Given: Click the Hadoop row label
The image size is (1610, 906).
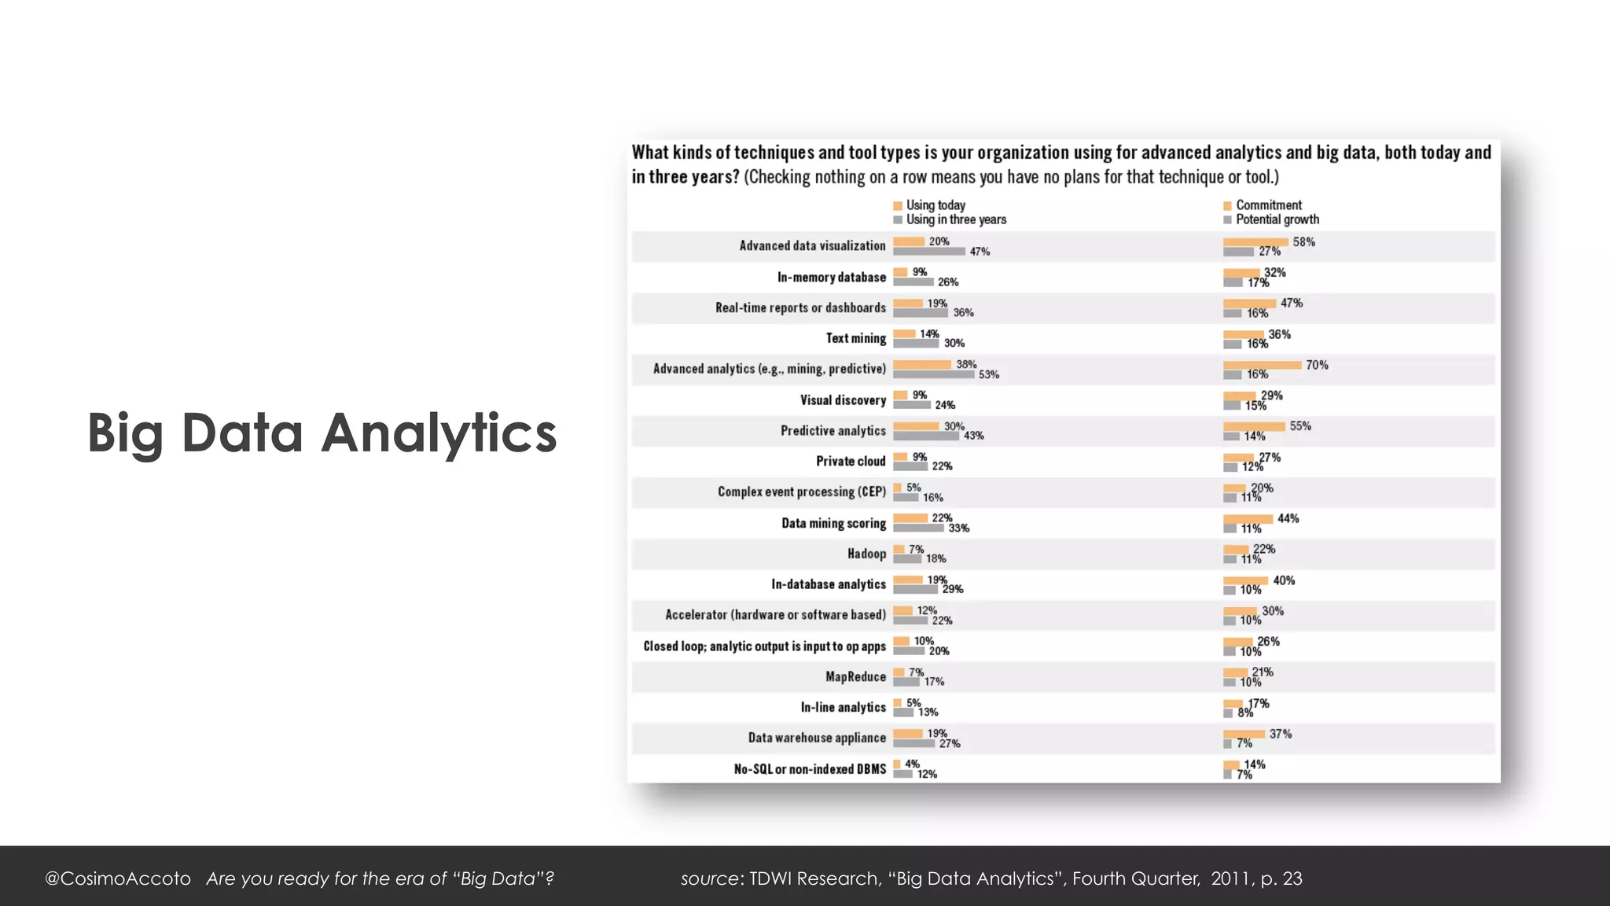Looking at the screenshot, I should tap(866, 554).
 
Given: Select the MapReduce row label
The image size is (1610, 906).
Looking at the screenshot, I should tap(855, 676).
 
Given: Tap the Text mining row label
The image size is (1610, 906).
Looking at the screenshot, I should tap(855, 338).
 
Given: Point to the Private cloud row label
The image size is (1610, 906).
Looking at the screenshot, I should tap(851, 461).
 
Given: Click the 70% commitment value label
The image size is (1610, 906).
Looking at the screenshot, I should tap(1317, 365).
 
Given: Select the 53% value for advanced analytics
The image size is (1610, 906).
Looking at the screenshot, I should tap(988, 374).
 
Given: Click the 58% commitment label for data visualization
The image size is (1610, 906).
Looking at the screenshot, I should tap(1303, 242).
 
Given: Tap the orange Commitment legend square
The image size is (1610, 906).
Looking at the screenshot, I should tap(1227, 206).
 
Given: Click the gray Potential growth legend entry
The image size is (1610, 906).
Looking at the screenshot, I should tap(1277, 219).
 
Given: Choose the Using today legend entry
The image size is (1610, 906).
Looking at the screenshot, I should tap(935, 205).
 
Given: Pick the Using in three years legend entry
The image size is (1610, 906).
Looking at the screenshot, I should tap(955, 219).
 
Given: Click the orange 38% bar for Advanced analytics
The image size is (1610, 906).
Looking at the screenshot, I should tap(922, 365).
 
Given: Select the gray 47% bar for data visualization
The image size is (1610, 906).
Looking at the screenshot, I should tap(928, 252).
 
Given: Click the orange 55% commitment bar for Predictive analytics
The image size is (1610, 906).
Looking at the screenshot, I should tap(1254, 426).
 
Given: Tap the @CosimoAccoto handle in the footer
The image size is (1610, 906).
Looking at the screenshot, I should tap(118, 878).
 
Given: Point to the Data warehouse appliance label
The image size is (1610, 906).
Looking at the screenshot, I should tap(817, 738).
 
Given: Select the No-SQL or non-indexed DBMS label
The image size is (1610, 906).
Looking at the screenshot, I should tap(810, 769).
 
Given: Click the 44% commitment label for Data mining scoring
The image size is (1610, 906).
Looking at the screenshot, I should tap(1288, 518).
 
